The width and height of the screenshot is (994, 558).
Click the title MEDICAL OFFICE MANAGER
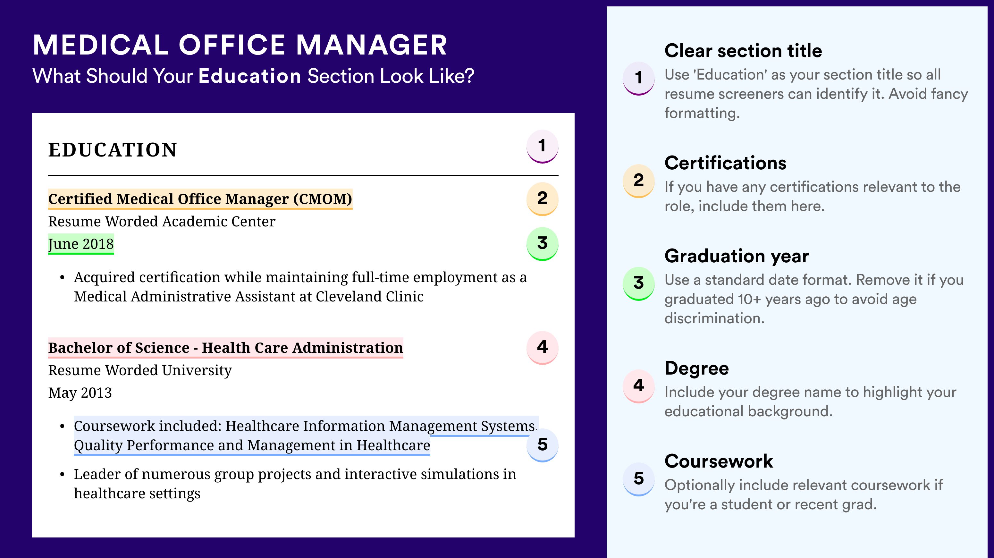click(240, 45)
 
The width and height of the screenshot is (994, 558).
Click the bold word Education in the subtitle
click(250, 76)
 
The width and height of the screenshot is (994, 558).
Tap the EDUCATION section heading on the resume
click(112, 150)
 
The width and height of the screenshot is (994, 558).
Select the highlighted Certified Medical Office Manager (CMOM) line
click(200, 199)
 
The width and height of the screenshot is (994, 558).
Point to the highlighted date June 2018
click(81, 244)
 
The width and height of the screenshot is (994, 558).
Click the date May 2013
click(80, 393)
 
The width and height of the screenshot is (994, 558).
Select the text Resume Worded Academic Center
click(162, 222)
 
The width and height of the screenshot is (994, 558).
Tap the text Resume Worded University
click(140, 370)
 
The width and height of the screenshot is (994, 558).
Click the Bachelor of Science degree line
click(226, 348)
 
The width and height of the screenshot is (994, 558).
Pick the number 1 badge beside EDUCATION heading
click(542, 146)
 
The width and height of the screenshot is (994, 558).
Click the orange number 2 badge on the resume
click(542, 199)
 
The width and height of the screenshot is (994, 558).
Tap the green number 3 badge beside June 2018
click(542, 244)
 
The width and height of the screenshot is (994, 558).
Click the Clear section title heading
click(743, 51)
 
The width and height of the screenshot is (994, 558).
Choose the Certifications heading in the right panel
click(725, 163)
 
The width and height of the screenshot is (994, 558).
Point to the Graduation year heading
click(737, 256)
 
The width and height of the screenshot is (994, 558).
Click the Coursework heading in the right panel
click(719, 461)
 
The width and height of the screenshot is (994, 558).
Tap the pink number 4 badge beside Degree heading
click(639, 386)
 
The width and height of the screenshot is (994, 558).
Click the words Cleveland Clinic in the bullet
click(370, 296)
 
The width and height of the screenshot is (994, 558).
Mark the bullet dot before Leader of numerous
click(62, 475)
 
